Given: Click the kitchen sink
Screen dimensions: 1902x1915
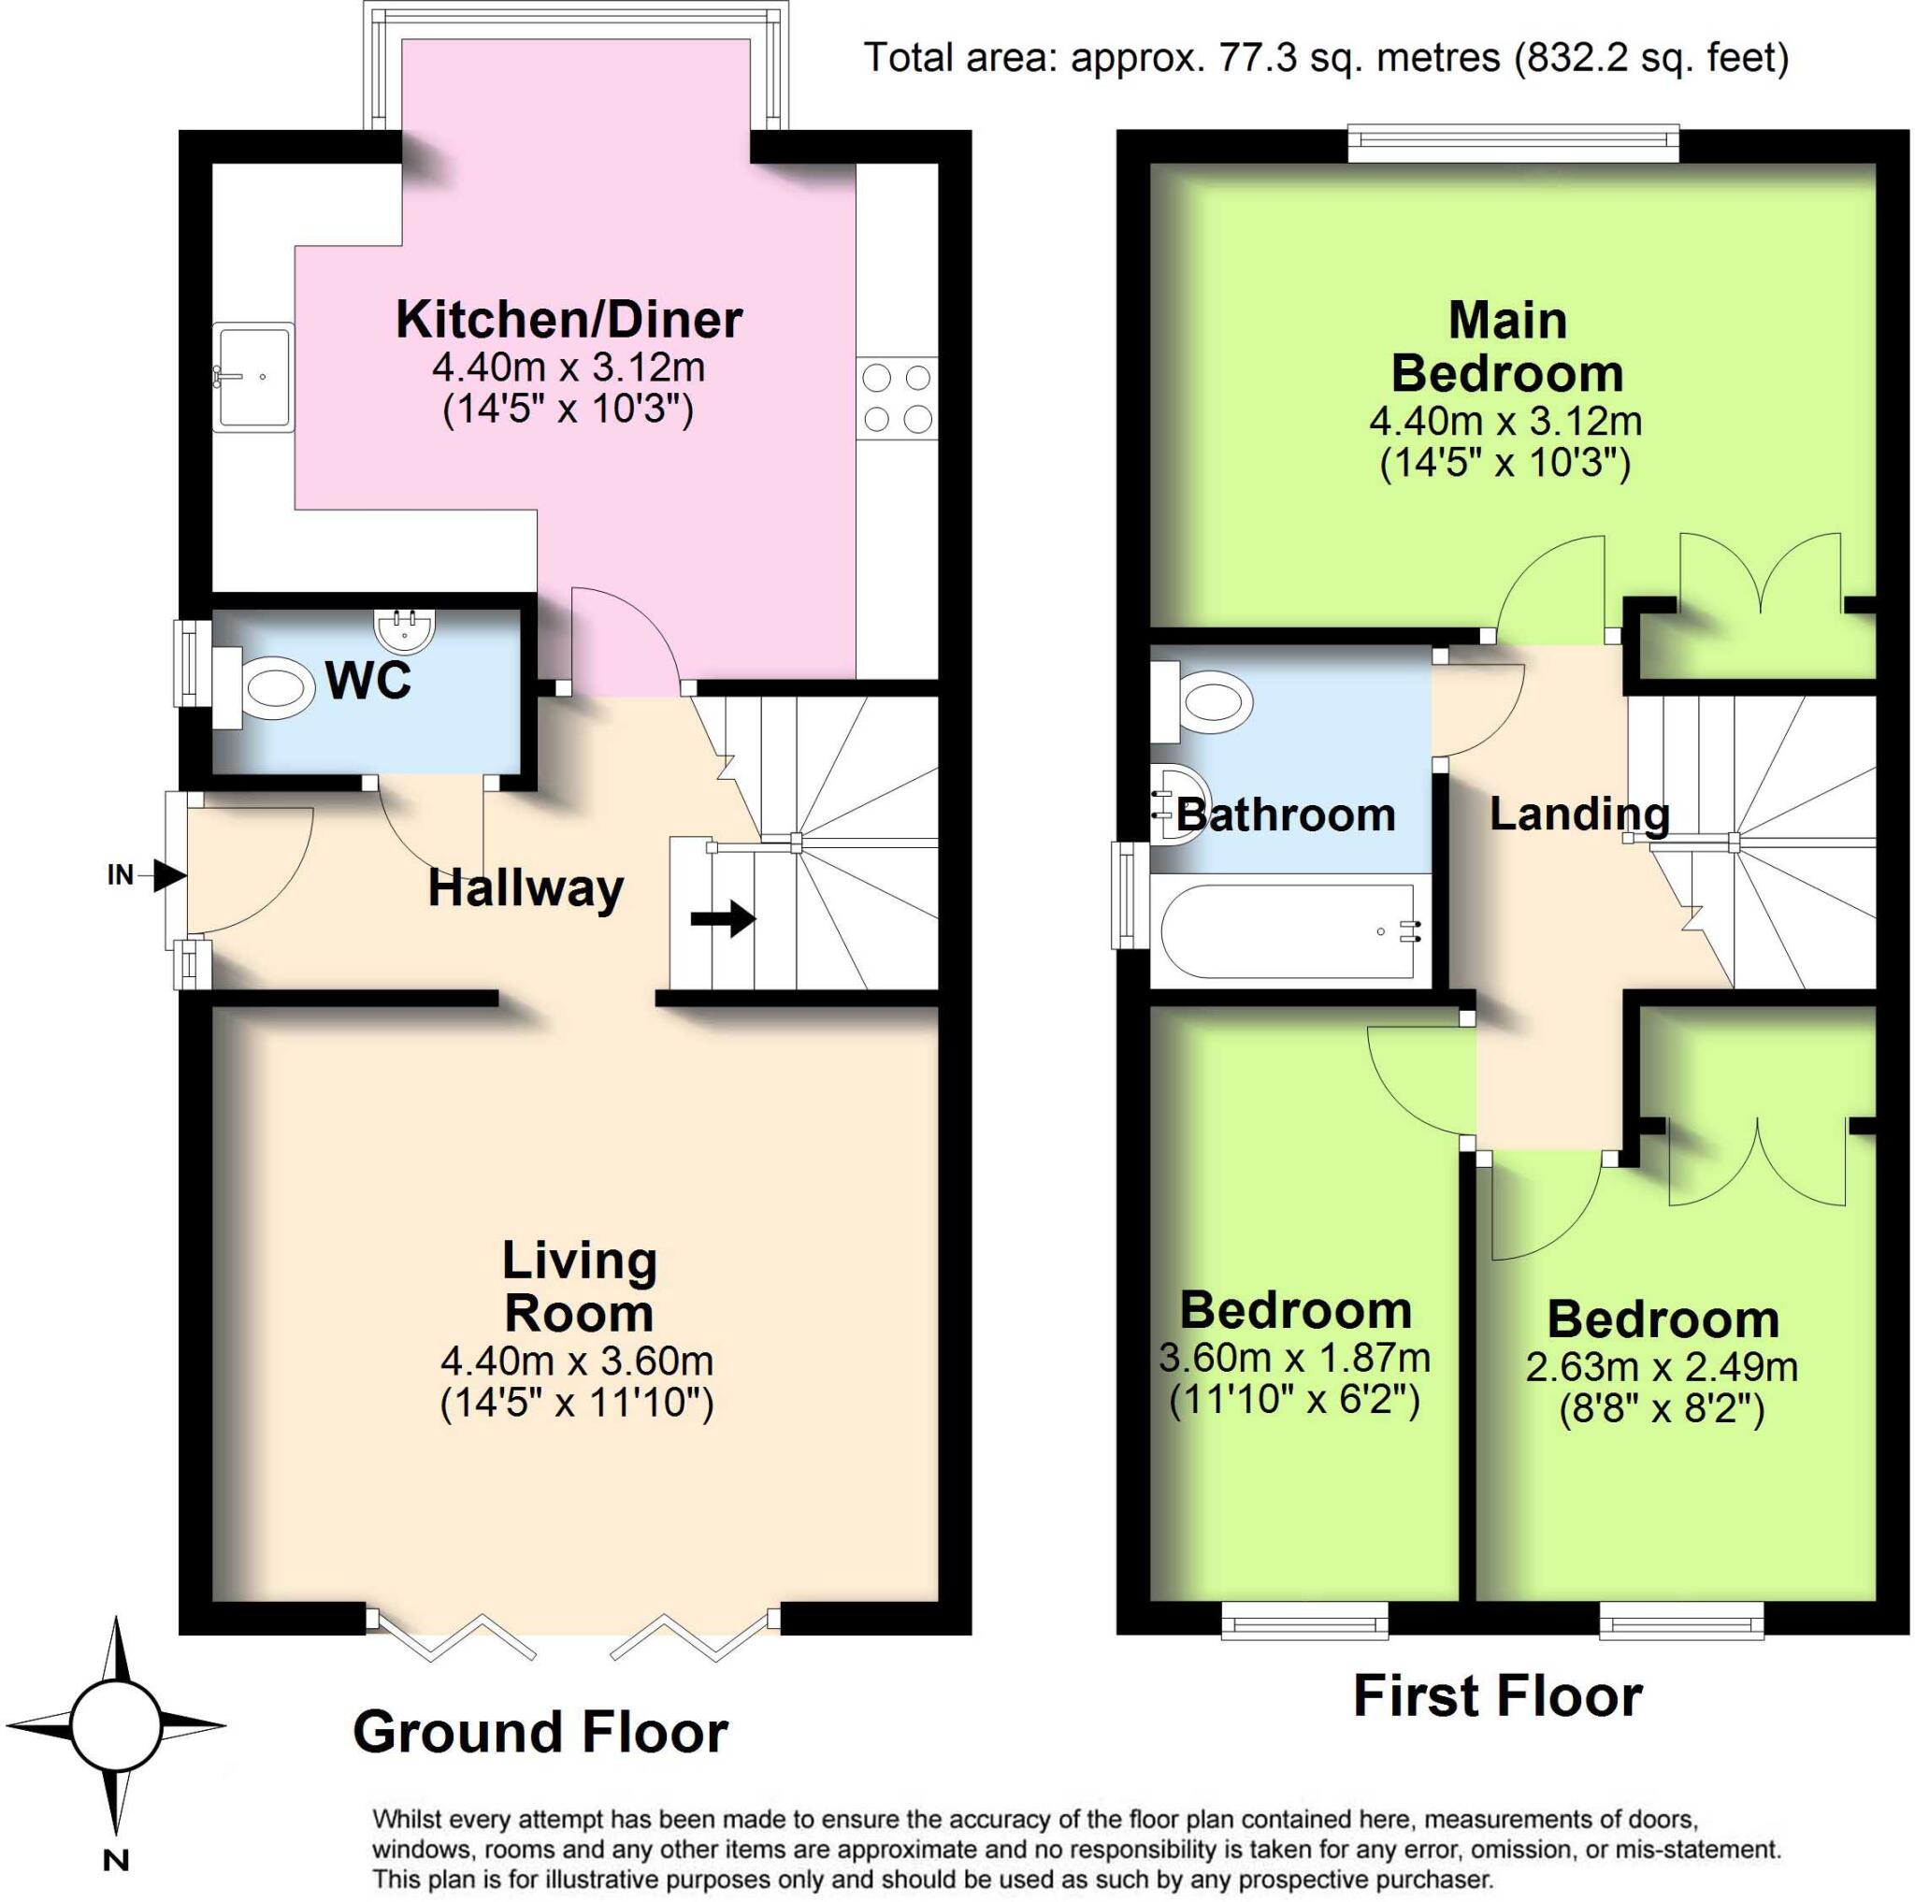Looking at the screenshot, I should point(253,377).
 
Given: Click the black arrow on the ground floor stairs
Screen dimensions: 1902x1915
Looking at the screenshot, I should point(724,917).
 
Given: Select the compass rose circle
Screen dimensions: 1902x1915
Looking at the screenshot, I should point(116,1725).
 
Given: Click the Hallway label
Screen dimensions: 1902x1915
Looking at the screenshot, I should point(526,887).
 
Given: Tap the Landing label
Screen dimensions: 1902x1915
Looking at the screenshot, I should point(1579,814).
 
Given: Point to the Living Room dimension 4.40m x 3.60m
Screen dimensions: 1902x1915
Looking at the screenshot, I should point(577,1361).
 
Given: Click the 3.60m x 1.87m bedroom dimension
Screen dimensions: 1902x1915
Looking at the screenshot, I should point(1293,1357).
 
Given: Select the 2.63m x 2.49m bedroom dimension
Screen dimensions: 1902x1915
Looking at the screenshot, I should point(1662,1367).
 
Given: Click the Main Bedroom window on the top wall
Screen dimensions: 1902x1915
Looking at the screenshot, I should point(1514,144).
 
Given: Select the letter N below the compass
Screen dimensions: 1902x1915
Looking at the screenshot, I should point(116,1860).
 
